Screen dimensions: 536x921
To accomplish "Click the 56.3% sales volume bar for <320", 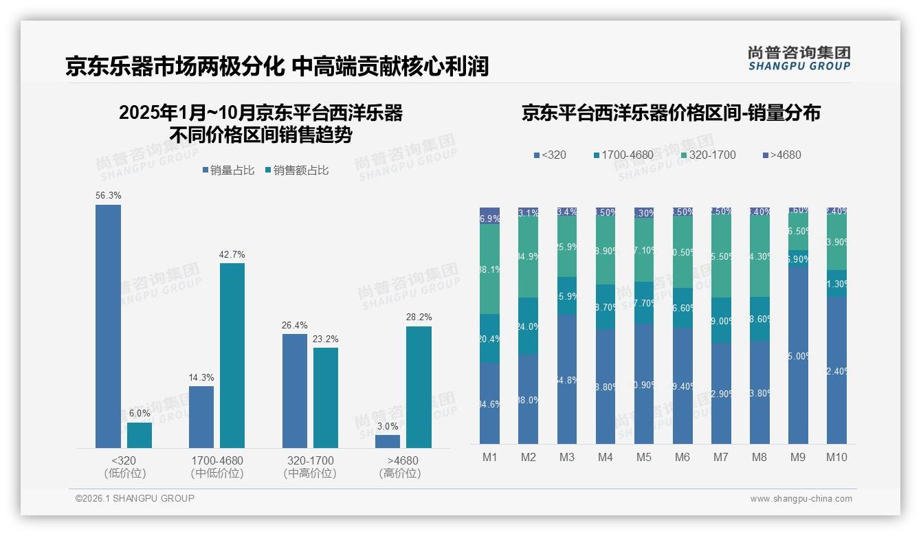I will [108, 326].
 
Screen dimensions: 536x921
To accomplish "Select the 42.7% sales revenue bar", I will [232, 355].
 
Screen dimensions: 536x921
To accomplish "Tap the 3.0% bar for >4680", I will [388, 441].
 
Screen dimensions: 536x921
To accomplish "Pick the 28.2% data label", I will [419, 317].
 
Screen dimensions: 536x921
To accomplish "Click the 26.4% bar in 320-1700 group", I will [295, 390].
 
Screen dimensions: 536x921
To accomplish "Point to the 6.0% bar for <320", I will [140, 435].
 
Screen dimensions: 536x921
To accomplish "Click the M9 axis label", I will [798, 457].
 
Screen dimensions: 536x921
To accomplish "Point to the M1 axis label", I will [490, 457].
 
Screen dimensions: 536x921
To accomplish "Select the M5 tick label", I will [644, 457].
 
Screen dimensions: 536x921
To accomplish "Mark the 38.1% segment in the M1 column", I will [490, 269].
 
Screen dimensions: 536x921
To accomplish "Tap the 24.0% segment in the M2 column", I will [529, 326].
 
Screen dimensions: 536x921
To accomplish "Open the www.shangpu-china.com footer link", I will [801, 499].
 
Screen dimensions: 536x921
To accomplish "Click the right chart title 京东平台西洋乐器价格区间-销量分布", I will [671, 113].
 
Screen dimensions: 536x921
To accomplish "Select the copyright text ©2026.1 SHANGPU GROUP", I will [135, 498].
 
